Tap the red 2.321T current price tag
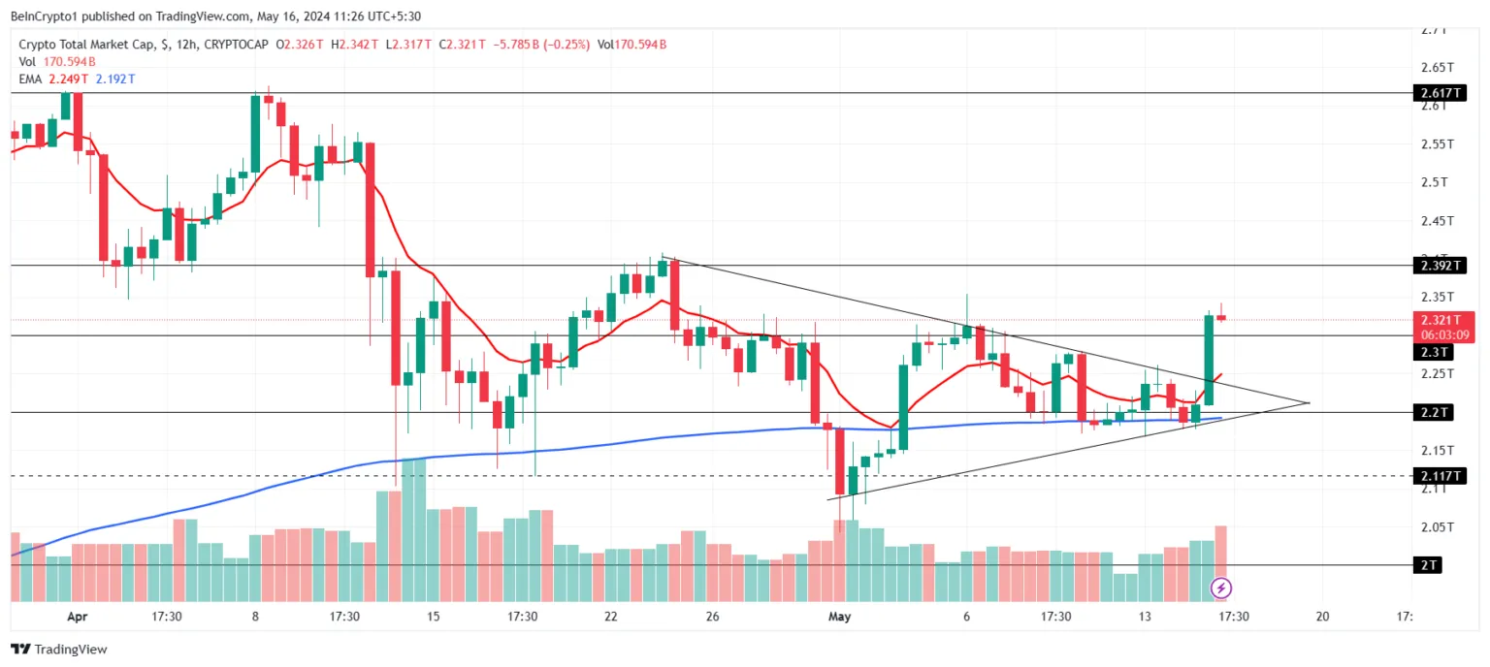(1439, 320)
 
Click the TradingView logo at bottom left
(59, 650)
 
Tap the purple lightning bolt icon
(1222, 588)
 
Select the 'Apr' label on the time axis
(78, 616)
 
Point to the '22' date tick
(611, 616)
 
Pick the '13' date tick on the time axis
(1146, 616)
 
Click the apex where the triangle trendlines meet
(1310, 402)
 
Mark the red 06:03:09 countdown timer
(1442, 334)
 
